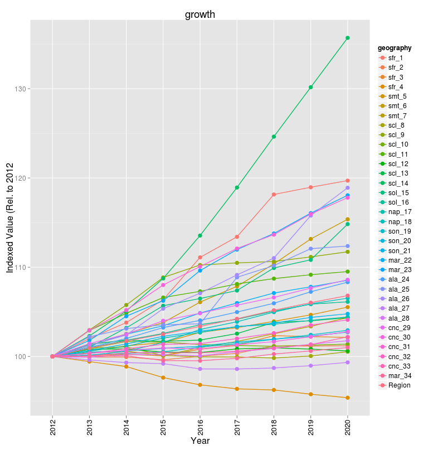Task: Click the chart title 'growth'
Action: [x=200, y=14]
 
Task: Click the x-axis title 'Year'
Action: [x=200, y=441]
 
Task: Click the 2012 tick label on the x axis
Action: [x=52, y=427]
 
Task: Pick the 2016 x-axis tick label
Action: [x=200, y=427]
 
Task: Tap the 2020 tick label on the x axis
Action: [x=348, y=427]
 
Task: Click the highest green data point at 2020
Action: [x=348, y=38]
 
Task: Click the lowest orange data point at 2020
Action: [x=348, y=398]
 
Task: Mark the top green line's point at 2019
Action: [x=310, y=87]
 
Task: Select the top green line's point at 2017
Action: [x=237, y=187]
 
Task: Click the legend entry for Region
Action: [x=398, y=385]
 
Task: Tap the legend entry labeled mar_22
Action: [x=399, y=260]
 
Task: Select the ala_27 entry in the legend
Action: [x=398, y=308]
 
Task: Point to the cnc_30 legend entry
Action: [x=399, y=337]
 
